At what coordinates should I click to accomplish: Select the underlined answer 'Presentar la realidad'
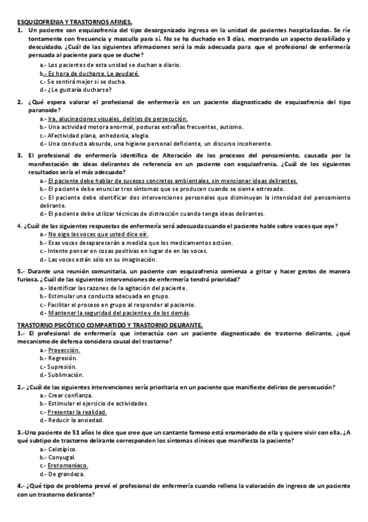point(77,412)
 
